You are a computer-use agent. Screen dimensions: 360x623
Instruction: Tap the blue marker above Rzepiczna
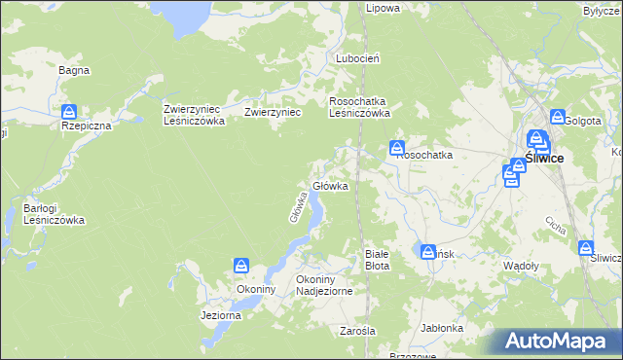[x=69, y=112]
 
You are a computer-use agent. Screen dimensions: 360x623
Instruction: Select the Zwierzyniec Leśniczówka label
[x=195, y=115]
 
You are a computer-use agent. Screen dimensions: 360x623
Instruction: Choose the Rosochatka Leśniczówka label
[x=360, y=106]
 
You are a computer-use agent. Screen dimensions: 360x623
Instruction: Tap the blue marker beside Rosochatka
[x=397, y=149]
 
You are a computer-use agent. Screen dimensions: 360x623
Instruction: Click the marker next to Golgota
[x=557, y=117]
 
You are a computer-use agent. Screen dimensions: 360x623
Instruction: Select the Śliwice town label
[x=543, y=158]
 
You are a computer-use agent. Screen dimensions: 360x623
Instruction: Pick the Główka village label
[x=330, y=186]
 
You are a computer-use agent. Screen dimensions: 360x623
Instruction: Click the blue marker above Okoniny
[x=241, y=265]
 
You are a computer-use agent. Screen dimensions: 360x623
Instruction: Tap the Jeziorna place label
[x=220, y=316]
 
